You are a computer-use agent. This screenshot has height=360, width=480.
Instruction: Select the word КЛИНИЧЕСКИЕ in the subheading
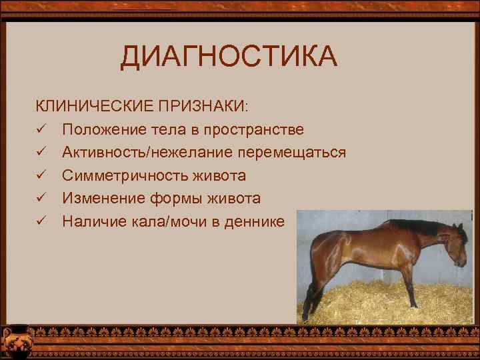94,106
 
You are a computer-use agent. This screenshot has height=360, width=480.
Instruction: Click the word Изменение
99,199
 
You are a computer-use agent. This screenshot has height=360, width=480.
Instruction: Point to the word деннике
258,221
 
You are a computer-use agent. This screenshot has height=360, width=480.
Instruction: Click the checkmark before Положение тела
41,129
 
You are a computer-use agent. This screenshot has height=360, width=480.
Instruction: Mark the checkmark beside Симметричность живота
41,175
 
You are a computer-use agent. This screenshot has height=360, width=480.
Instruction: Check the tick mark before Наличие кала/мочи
41,221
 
